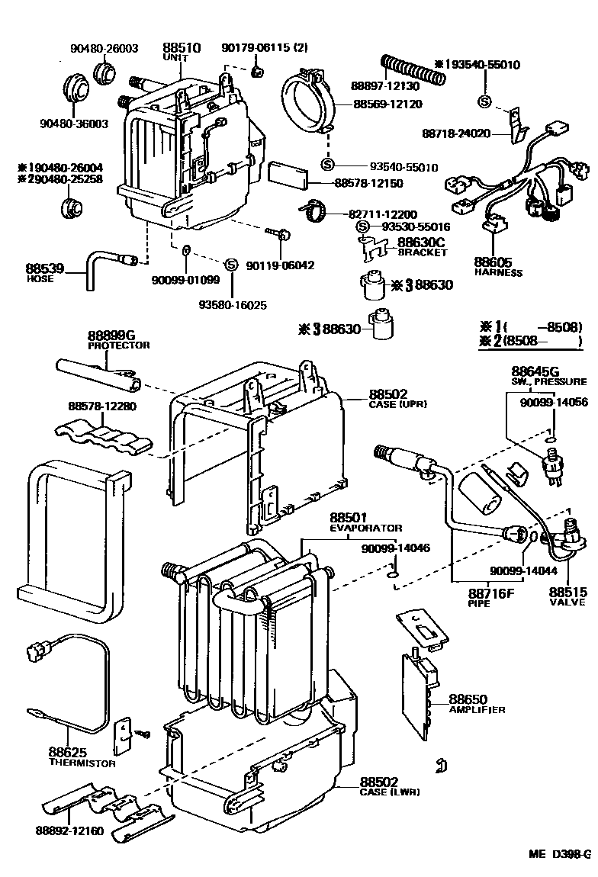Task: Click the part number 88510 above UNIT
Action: (182, 47)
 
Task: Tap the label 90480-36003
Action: (74, 124)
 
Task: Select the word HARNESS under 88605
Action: (498, 272)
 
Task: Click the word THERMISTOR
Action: (82, 763)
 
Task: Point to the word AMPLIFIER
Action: (477, 710)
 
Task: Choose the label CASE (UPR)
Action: (397, 404)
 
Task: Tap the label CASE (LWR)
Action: (390, 792)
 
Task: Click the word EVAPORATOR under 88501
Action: (366, 528)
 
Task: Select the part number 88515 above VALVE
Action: (567, 593)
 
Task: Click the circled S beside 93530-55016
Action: (363, 226)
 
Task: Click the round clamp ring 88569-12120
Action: (310, 101)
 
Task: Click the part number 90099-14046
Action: (396, 548)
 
